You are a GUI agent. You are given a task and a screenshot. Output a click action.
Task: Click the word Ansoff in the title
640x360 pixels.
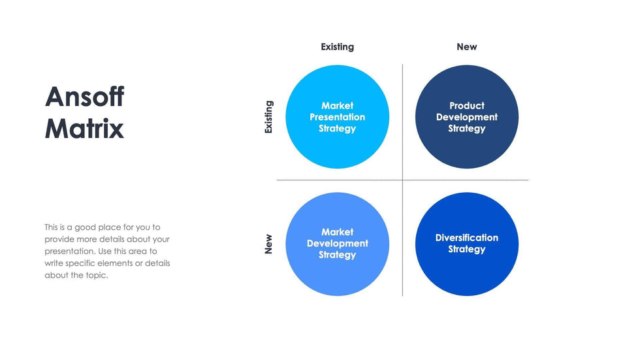(x=84, y=97)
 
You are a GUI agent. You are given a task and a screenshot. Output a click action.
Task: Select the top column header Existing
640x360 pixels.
(x=337, y=47)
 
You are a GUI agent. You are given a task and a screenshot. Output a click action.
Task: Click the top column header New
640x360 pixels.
(x=466, y=47)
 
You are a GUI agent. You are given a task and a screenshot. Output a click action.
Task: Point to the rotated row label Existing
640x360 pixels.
(x=268, y=117)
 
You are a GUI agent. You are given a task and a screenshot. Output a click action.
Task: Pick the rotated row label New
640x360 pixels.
(x=268, y=244)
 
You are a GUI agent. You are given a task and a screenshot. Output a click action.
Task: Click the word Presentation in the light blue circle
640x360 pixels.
(x=337, y=117)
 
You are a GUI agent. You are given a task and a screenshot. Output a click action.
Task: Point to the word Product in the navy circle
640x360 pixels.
(x=466, y=105)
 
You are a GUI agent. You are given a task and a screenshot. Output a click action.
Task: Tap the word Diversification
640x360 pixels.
(x=466, y=238)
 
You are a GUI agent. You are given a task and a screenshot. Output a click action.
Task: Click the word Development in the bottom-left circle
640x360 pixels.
(x=337, y=244)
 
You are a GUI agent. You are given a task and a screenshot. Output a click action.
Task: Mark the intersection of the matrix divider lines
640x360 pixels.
(x=402, y=180)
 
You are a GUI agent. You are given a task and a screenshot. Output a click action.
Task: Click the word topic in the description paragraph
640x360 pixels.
(x=94, y=275)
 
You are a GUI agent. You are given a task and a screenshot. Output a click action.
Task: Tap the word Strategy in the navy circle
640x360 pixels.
(x=466, y=129)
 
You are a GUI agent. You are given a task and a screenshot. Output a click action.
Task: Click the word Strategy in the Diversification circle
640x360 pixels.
(x=466, y=250)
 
